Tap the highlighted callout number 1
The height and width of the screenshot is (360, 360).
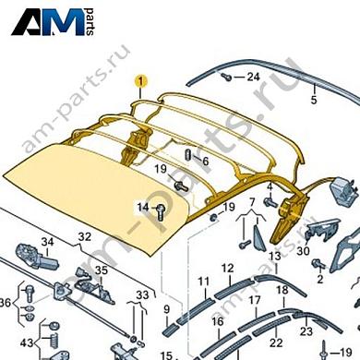(139, 81)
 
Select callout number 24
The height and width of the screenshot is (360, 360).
(253, 78)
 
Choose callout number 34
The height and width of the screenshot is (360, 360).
(48, 242)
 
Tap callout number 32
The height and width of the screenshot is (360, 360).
(84, 238)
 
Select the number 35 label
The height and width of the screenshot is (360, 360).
(101, 270)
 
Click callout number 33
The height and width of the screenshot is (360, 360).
(142, 295)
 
